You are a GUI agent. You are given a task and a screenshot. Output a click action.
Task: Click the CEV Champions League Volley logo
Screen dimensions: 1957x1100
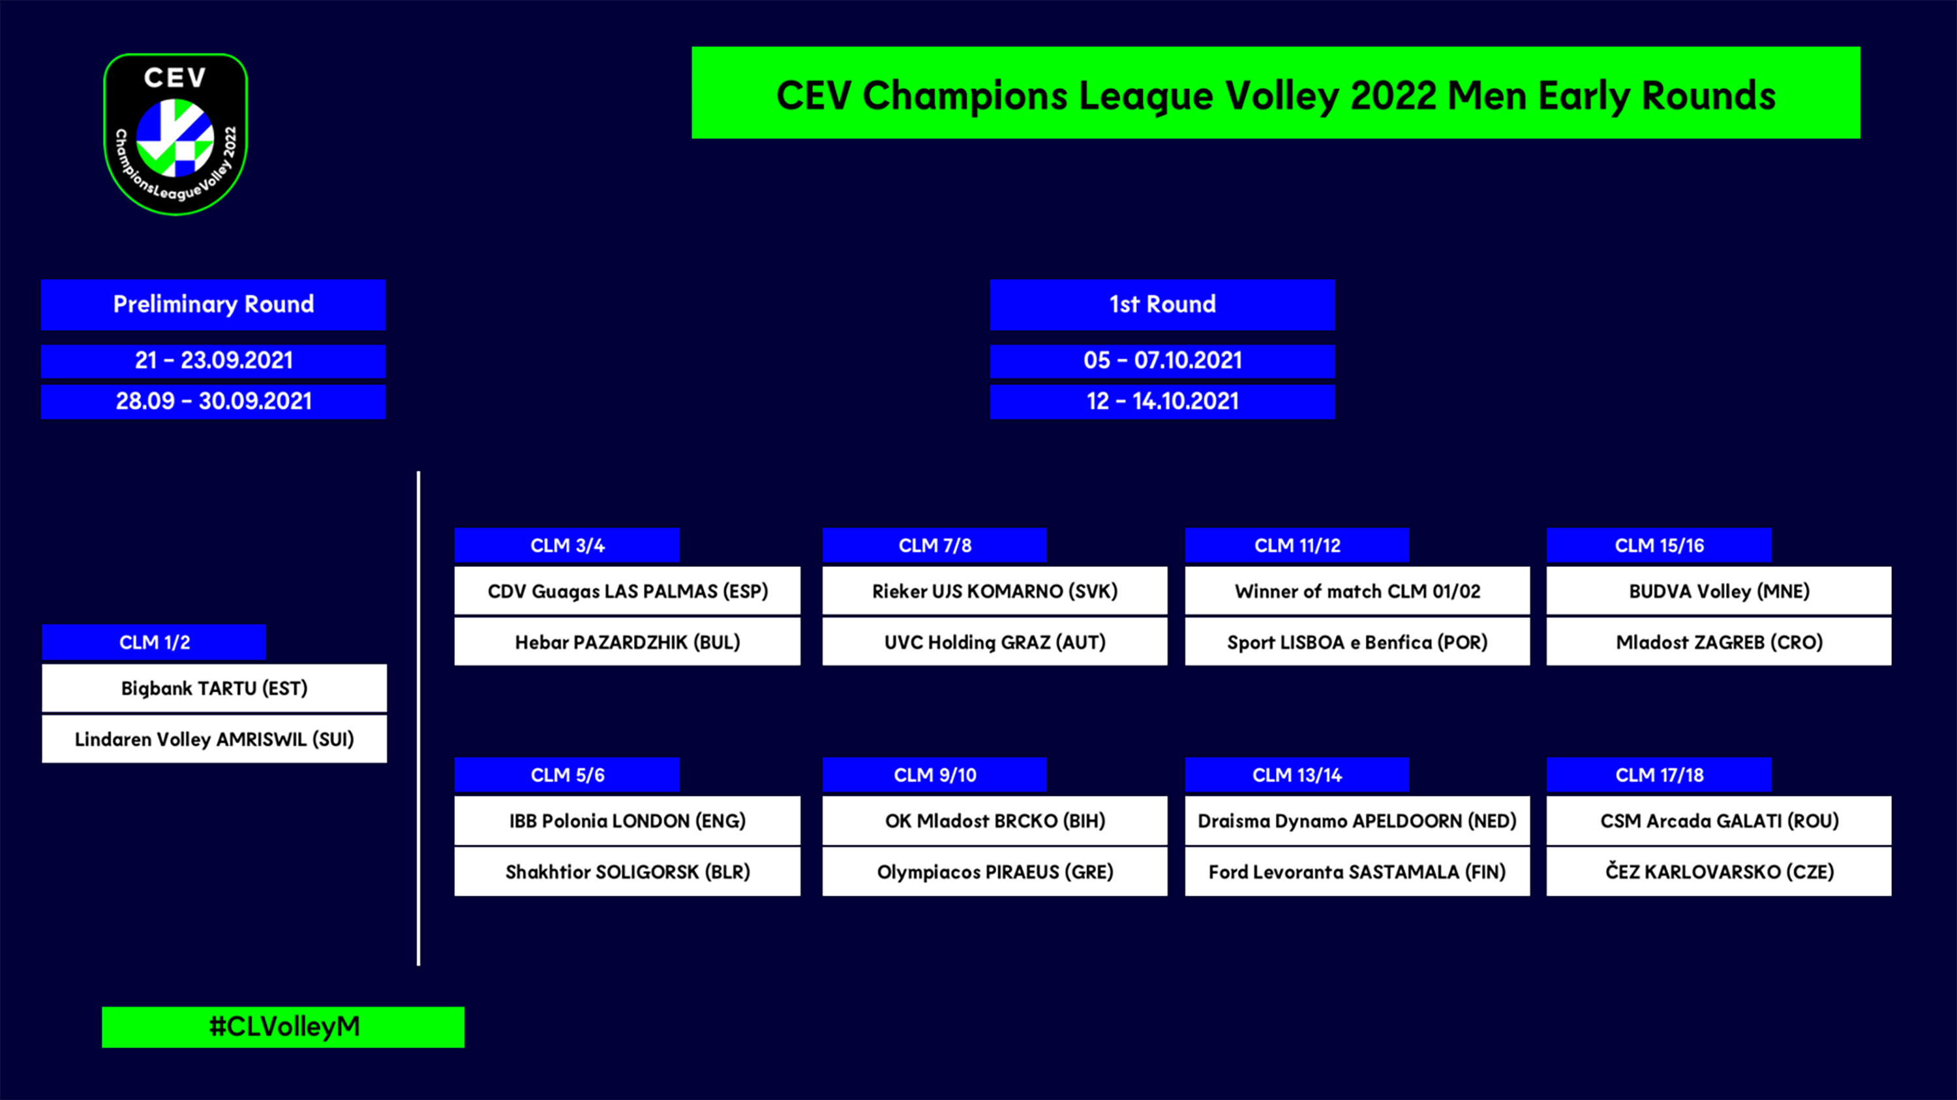175,134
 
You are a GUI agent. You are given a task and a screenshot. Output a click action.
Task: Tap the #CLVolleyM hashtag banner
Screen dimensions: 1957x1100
283,1027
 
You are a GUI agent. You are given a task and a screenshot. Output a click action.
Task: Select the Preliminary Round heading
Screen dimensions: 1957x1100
213,305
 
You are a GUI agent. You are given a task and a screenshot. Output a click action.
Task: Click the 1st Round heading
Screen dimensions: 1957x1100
1162,305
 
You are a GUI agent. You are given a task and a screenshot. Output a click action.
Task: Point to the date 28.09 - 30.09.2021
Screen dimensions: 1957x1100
213,401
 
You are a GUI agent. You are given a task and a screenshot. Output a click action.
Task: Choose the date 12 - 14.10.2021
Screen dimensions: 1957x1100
1162,401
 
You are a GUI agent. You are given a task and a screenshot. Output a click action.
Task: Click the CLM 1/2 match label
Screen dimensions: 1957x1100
154,643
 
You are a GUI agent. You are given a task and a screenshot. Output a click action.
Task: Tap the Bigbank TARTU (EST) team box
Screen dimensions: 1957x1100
214,688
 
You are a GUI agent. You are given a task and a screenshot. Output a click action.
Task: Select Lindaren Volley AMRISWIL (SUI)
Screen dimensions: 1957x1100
214,739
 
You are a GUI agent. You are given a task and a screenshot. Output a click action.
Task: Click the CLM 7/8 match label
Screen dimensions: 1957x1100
934,545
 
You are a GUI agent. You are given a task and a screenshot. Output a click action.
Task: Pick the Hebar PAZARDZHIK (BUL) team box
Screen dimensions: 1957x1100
628,642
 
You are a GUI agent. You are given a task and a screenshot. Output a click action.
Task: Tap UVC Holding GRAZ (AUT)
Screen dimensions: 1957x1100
994,642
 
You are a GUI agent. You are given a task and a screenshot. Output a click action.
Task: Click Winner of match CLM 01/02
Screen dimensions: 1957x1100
1358,591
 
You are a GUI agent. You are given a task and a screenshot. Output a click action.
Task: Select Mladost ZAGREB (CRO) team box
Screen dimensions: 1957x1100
1719,642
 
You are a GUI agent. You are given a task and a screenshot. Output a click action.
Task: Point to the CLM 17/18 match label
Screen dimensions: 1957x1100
1659,775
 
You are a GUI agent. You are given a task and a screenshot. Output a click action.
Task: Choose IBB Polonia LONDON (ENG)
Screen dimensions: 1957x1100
628,821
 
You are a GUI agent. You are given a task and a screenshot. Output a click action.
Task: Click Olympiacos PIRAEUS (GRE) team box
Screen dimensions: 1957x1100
994,872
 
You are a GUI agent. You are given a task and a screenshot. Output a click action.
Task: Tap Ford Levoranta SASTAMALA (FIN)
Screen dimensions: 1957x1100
1358,872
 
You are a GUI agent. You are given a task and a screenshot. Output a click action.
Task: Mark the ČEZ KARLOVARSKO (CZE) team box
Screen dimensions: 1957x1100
1719,872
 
